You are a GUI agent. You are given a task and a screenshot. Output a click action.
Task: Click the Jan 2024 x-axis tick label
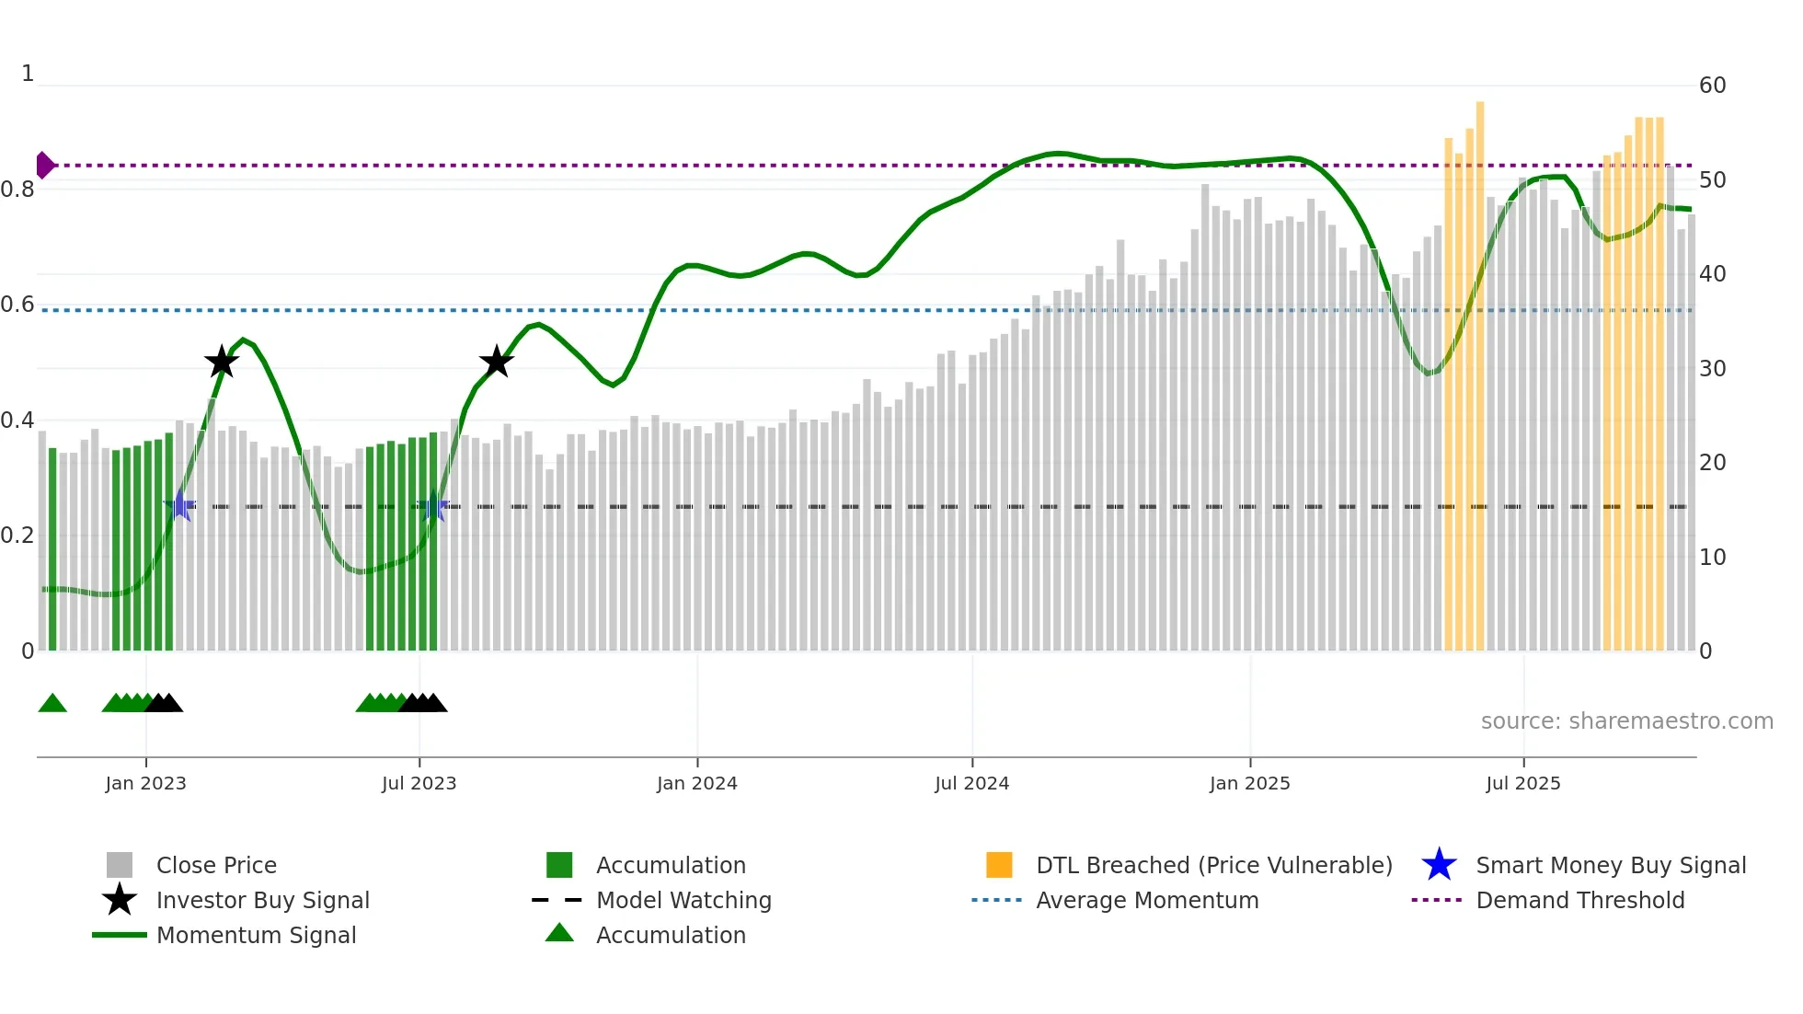[x=696, y=783]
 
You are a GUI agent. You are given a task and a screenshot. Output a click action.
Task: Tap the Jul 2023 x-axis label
[x=419, y=783]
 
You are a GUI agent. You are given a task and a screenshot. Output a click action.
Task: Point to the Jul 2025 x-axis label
[x=1522, y=783]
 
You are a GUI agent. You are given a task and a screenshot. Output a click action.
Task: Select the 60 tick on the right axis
[x=1712, y=86]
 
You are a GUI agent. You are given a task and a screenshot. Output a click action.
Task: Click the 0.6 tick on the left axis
[x=17, y=305]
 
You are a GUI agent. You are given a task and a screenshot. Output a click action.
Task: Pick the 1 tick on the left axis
[x=28, y=74]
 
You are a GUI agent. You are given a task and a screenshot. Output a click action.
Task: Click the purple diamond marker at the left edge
[x=44, y=166]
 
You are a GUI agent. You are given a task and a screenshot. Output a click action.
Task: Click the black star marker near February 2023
[x=222, y=363]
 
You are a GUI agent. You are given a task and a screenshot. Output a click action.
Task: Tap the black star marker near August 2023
[x=497, y=362]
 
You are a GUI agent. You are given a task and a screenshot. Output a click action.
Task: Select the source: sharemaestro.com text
[x=1626, y=721]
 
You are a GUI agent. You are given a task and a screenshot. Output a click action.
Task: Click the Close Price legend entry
[x=216, y=865]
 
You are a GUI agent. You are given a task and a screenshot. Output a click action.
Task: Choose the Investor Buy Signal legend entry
[x=262, y=900]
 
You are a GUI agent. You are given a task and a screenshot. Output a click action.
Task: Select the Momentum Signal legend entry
[x=256, y=935]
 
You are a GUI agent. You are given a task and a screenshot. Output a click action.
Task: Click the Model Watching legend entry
[x=683, y=900]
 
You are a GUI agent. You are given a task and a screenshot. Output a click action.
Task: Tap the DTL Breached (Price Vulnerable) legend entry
[x=1213, y=865]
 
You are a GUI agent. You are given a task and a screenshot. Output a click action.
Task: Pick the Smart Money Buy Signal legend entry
[x=1610, y=865]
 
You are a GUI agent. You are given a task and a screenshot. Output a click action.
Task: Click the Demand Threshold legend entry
[x=1579, y=900]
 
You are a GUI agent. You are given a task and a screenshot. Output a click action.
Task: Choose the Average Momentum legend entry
[x=1147, y=900]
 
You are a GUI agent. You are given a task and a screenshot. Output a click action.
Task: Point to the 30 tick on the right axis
[x=1712, y=369]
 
